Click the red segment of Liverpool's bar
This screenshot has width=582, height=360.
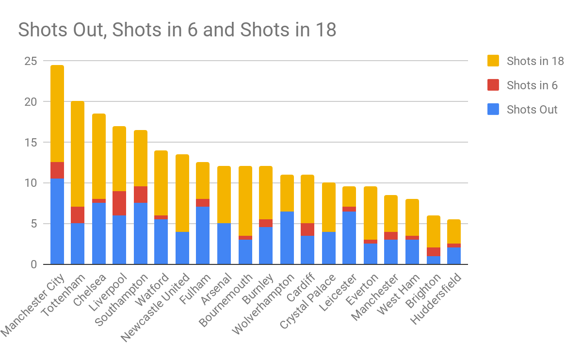pos(119,203)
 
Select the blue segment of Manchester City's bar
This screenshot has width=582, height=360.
pos(57,221)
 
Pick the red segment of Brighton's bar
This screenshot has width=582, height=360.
pos(434,252)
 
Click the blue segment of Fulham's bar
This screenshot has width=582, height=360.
pos(203,235)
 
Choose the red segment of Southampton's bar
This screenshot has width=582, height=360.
pos(141,195)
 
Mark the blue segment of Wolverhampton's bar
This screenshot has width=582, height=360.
pos(287,238)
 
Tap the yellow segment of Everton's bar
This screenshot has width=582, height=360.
pos(371,213)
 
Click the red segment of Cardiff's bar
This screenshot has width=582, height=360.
pos(308,229)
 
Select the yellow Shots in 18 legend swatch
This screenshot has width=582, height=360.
pos(492,61)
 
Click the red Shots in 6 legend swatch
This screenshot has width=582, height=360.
pos(492,85)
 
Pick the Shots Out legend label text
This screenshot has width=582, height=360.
pos(532,110)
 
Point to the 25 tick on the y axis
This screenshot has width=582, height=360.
pos(31,62)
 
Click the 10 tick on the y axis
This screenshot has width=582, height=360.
pos(31,183)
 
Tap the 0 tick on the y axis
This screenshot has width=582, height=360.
pos(33,265)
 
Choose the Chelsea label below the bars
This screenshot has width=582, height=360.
pos(89,289)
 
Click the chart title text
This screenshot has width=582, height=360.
pos(177,30)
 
